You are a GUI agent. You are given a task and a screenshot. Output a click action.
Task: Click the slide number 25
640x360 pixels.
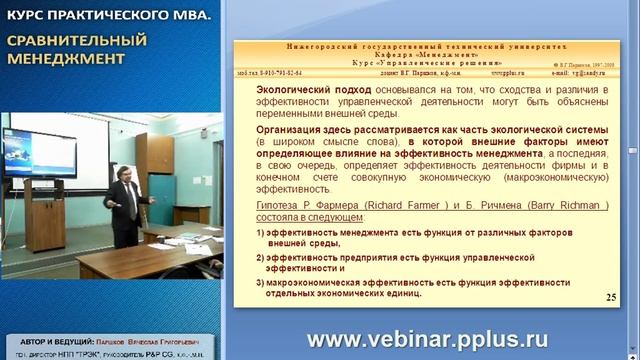[x=611, y=298]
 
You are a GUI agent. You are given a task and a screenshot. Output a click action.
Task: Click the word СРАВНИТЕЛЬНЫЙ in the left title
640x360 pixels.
[x=78, y=41]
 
